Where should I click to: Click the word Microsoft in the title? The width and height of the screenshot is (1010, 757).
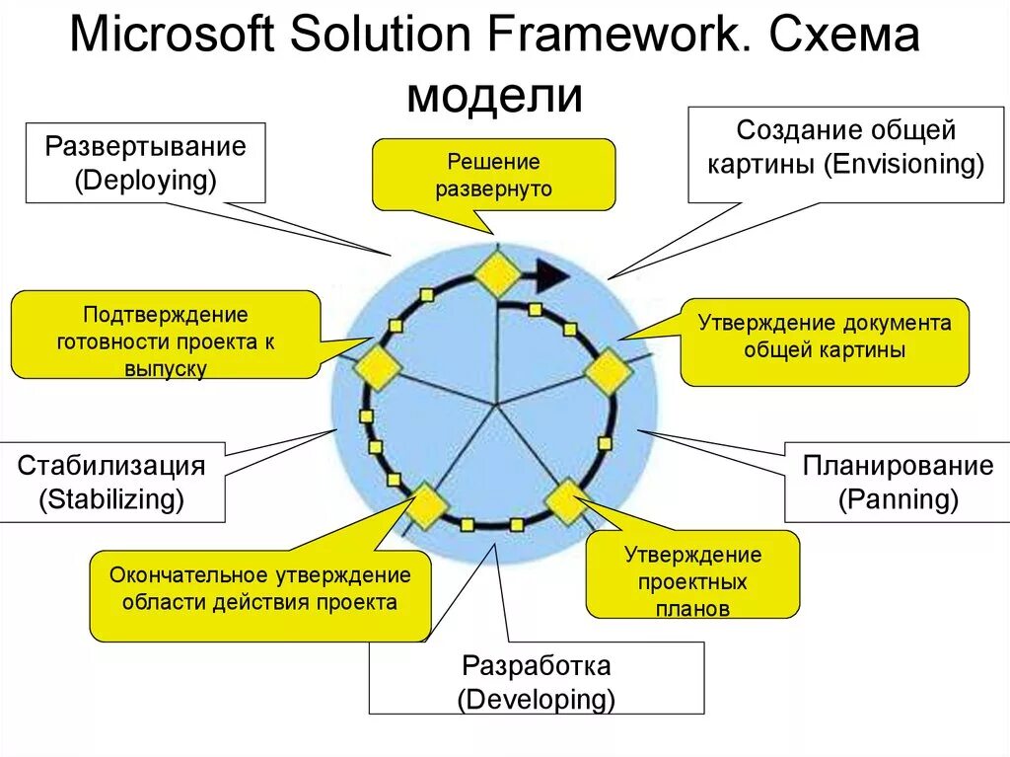(174, 38)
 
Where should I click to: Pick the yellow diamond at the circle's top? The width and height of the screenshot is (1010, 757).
(496, 272)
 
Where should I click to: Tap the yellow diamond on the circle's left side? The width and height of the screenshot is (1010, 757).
(378, 367)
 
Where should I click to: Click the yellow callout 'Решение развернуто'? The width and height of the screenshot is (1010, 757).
(493, 175)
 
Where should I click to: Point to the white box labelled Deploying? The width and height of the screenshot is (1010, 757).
(145, 163)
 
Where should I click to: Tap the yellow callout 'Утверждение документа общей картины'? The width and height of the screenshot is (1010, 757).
(824, 337)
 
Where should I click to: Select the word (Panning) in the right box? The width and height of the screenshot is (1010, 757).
(898, 499)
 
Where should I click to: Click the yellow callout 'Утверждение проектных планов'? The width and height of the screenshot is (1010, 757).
(692, 580)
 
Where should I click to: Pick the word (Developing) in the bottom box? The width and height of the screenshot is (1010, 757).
(536, 700)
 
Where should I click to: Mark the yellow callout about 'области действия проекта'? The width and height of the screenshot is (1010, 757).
(259, 588)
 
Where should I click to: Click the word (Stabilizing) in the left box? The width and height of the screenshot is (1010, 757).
(111, 499)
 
